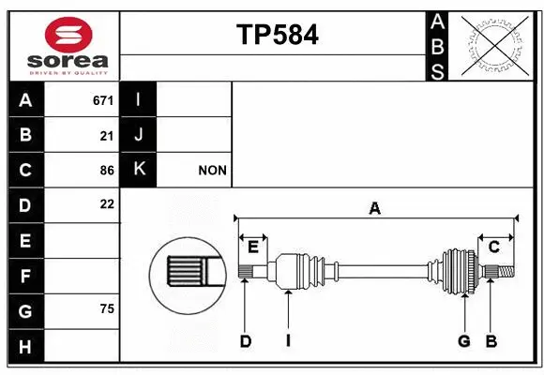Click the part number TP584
pos(277,35)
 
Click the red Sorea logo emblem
pos(68,36)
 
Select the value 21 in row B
pos(106,135)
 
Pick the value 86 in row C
pos(106,171)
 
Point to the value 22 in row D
pos(106,204)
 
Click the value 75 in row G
pos(106,309)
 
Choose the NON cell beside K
pos(213,171)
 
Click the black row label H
pos(25,347)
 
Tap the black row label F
pos(25,277)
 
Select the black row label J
pos(140,135)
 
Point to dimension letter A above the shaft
pos(374,209)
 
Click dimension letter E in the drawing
pos(252,247)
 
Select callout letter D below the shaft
pos(245,341)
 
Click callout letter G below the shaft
pos(463,341)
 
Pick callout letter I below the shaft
pos(288,341)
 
